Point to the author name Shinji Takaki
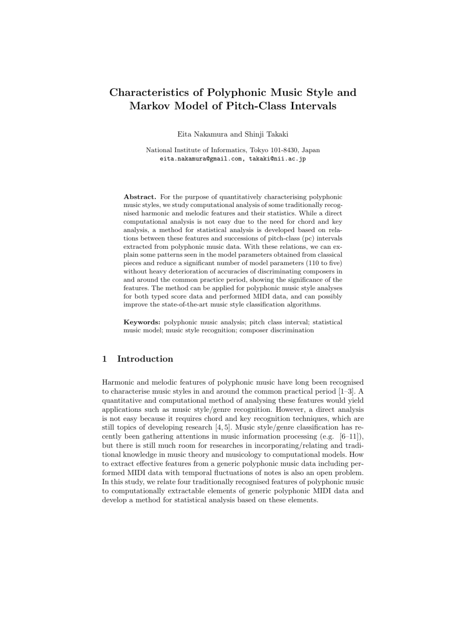point(266,134)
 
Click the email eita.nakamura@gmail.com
point(200,159)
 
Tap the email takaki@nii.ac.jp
point(277,159)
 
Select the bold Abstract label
point(140,197)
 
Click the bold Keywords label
point(142,322)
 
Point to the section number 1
point(105,359)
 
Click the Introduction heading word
point(145,359)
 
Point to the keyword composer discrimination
point(276,330)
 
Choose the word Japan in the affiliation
point(311,150)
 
